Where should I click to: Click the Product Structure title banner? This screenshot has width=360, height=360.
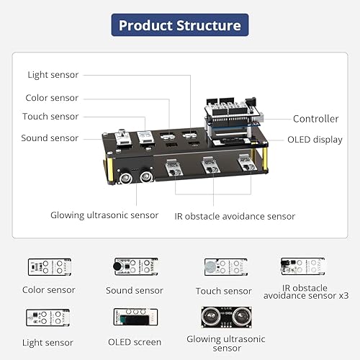click(x=179, y=26)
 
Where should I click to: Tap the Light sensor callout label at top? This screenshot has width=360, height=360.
click(x=53, y=75)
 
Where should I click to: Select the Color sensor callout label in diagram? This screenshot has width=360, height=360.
click(x=52, y=98)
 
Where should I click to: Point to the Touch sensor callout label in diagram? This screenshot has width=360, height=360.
click(x=50, y=117)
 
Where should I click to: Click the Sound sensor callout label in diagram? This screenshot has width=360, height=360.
click(x=50, y=138)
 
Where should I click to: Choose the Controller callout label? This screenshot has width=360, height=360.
click(x=315, y=119)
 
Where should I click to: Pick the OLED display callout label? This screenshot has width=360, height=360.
click(x=315, y=140)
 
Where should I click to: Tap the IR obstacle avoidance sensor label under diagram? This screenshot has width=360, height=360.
click(x=235, y=216)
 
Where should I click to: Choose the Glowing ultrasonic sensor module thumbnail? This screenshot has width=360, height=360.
click(x=225, y=318)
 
